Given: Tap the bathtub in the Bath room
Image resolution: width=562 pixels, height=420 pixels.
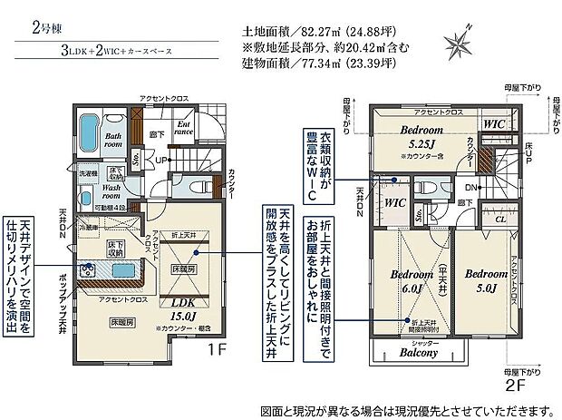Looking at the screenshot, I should coord(89,136).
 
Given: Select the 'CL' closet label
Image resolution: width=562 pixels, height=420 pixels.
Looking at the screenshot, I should coord(499,219).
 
